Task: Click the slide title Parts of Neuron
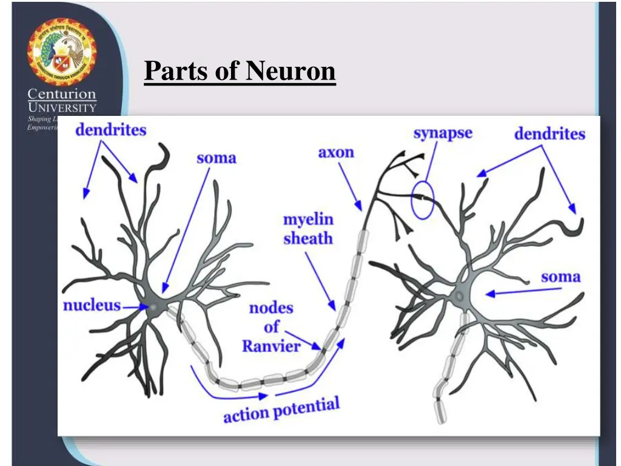coord(240,72)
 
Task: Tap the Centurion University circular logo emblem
coord(61,52)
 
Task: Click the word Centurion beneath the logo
coord(62,94)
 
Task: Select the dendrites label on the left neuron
coord(111,129)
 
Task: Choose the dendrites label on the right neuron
coord(549,133)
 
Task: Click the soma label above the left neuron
coord(216,158)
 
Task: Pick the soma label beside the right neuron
coord(560,277)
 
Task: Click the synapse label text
coord(443,133)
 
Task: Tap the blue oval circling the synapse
coord(423,200)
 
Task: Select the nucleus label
coord(92,305)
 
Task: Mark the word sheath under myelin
coord(308,238)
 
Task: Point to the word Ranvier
coord(271,346)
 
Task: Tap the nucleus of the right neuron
coord(460,295)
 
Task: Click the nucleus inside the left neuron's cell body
coord(153,308)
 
